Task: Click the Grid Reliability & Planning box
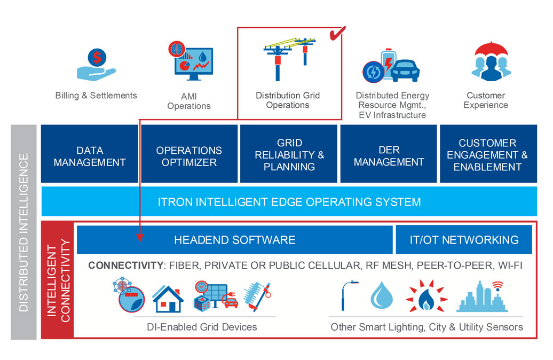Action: tap(289, 155)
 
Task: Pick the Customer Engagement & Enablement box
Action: tap(487, 155)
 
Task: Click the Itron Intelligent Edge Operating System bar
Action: tap(289, 202)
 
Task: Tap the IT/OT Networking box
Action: tap(464, 240)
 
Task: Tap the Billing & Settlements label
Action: tap(96, 96)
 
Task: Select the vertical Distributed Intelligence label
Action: tap(23, 232)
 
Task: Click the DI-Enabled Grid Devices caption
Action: tap(202, 327)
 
